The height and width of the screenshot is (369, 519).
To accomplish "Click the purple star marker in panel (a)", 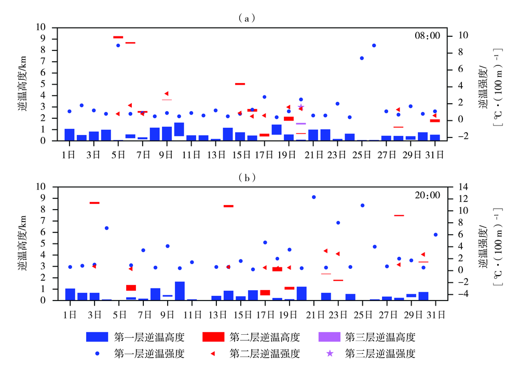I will tap(301, 106).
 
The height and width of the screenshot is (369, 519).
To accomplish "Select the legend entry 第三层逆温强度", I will tap(380, 354).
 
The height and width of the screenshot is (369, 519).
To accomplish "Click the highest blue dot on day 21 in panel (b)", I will tap(313, 197).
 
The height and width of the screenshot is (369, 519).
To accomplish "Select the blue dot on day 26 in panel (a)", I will tap(374, 45).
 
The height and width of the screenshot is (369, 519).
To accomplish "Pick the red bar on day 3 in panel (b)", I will tap(94, 203).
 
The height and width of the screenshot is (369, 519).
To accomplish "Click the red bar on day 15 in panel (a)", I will tap(240, 84).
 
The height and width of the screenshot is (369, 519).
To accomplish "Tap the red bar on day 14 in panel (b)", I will tap(228, 206).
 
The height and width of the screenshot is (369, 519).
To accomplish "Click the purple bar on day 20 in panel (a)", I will tap(301, 124).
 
